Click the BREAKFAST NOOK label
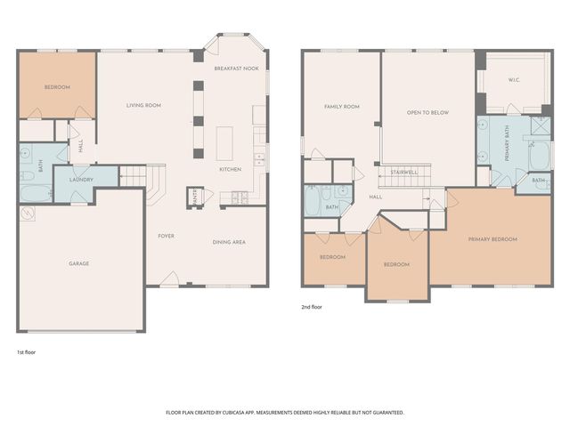[236, 68]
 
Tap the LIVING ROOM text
[143, 106]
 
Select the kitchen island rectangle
[224, 141]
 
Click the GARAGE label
[78, 263]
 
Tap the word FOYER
[166, 236]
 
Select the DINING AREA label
[229, 242]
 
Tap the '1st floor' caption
[27, 351]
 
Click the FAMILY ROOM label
[340, 107]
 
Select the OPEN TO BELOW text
[426, 113]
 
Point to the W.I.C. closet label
[514, 80]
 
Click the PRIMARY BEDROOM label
[493, 239]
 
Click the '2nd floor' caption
[311, 307]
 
